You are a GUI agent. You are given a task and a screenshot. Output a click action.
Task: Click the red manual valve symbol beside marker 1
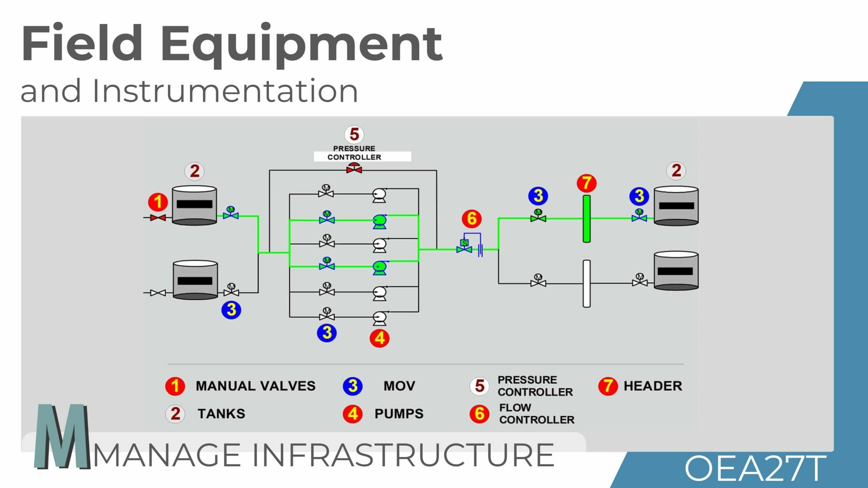click(158, 218)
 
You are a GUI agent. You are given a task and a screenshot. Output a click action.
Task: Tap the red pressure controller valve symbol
click(354, 168)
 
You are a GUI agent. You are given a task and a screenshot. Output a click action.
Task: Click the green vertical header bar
click(587, 219)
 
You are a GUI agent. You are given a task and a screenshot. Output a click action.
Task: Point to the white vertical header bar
click(587, 284)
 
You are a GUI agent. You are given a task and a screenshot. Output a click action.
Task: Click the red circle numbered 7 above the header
click(587, 183)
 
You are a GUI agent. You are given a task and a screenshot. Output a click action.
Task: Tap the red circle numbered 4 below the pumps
click(379, 338)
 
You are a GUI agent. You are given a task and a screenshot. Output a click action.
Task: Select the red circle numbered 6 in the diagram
click(472, 219)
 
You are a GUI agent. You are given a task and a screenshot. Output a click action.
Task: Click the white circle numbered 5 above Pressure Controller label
click(354, 134)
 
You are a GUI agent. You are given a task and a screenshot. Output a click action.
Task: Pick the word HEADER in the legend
click(653, 386)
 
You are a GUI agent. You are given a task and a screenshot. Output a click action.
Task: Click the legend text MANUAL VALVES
click(256, 386)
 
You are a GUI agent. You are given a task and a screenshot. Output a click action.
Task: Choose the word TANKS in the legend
click(221, 414)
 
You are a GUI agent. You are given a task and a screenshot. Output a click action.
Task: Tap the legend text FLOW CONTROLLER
click(537, 413)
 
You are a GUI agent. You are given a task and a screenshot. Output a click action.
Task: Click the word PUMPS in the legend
click(399, 414)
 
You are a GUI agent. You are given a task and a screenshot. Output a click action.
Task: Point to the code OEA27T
click(755, 469)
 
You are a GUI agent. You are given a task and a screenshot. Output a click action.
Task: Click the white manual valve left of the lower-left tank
click(158, 292)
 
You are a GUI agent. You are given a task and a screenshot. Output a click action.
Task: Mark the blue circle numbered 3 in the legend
click(353, 386)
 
